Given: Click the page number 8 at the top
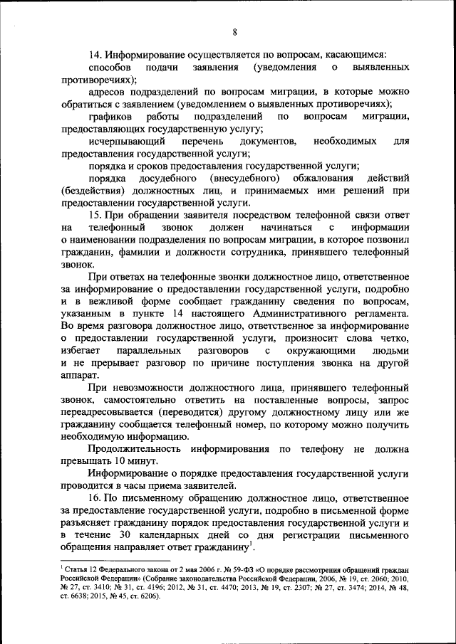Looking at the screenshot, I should tap(234, 32).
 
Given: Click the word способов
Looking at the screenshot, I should tap(110, 68).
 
